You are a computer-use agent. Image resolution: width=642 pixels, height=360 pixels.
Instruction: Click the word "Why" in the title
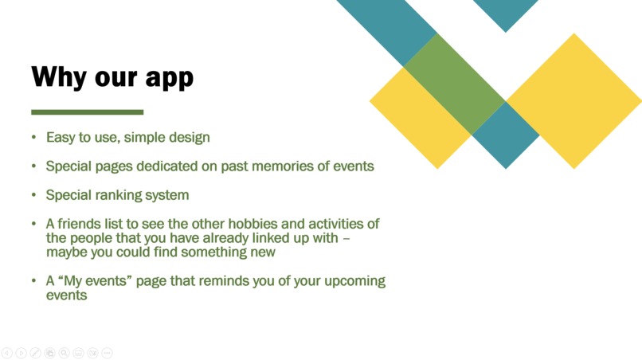pyautogui.click(x=57, y=77)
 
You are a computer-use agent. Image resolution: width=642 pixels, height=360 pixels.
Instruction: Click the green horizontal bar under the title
pyautogui.click(x=88, y=112)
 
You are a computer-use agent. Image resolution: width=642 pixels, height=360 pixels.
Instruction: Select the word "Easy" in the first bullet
pyautogui.click(x=60, y=138)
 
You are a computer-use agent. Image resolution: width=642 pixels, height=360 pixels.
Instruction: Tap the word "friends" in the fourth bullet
pyautogui.click(x=80, y=224)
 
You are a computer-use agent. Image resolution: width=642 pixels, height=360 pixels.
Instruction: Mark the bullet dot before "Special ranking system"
pyautogui.click(x=34, y=194)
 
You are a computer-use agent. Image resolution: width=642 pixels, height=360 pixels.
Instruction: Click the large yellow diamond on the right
pyautogui.click(x=573, y=101)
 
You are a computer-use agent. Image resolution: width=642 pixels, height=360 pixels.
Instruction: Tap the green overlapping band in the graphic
pyautogui.click(x=454, y=84)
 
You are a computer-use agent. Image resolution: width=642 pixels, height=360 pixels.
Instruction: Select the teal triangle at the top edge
pyautogui.click(x=505, y=12)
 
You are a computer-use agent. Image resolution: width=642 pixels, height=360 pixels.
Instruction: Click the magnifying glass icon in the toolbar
pyautogui.click(x=64, y=353)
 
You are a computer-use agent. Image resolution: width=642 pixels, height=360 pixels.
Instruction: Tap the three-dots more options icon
pyautogui.click(x=107, y=353)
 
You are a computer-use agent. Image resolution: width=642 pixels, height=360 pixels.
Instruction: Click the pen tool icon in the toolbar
pyautogui.click(x=35, y=353)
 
